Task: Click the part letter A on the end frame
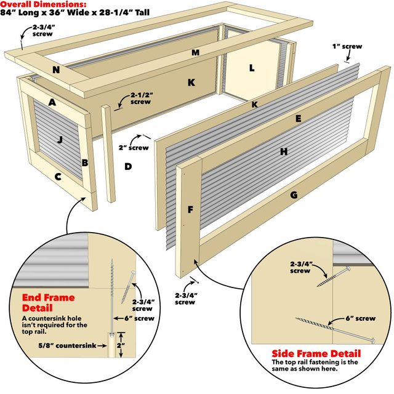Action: pos(53,103)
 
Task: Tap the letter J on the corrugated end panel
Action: pos(60,140)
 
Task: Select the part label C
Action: pos(58,177)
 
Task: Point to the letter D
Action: pos(128,166)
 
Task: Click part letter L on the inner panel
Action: pos(251,68)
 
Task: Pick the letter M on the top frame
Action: pos(195,52)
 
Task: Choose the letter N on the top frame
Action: pos(56,70)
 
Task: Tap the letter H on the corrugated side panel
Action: pos(284,151)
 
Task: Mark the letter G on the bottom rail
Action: pos(294,195)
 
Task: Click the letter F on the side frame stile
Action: pos(191,210)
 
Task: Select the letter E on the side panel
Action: pos(298,118)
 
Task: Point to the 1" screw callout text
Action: pos(348,46)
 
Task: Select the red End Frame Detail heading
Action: pos(43,302)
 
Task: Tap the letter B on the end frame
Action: pos(85,163)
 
